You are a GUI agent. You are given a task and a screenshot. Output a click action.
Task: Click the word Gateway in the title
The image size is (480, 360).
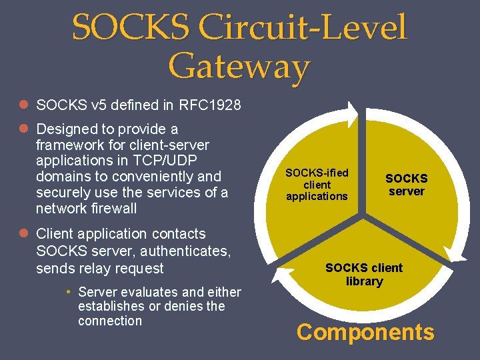(x=239, y=67)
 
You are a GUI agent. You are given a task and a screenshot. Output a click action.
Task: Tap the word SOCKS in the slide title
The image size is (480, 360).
(x=133, y=29)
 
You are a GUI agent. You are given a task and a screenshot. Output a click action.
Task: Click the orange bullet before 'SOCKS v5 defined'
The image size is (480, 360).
(x=23, y=105)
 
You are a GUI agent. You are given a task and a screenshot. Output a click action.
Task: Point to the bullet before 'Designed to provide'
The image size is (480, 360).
(x=23, y=129)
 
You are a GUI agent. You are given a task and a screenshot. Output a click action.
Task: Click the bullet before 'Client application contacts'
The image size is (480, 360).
(x=23, y=234)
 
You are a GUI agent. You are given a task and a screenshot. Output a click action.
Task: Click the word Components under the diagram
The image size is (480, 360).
(x=365, y=332)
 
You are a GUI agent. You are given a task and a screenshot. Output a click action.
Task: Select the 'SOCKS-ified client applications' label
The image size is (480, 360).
(x=317, y=185)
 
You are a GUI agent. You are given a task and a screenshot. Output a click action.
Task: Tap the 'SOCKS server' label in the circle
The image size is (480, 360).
(x=406, y=185)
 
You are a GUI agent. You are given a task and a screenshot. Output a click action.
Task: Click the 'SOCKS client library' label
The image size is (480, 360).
(x=364, y=274)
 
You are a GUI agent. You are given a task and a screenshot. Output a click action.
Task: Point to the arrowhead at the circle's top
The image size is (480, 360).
(x=351, y=109)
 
